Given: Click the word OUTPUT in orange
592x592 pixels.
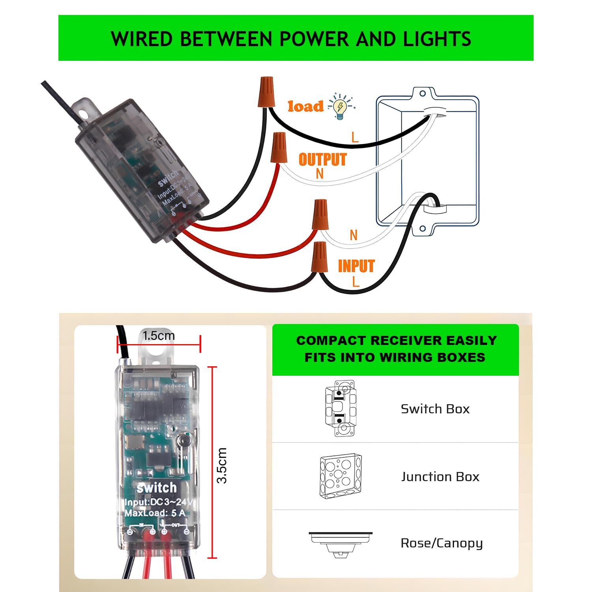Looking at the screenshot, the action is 322,159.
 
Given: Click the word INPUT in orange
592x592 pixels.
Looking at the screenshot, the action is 356,266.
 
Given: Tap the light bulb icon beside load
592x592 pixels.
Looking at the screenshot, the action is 340,106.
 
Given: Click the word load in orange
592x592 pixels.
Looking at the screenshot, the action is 305,106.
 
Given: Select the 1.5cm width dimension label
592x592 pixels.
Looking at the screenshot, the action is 159,336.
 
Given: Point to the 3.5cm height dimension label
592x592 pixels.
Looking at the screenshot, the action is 222,465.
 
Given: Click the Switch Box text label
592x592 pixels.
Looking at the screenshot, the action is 435,409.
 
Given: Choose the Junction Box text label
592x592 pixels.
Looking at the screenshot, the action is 440,477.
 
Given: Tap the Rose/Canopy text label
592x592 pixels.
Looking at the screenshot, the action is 442,543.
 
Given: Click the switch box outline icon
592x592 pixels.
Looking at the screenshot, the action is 340,408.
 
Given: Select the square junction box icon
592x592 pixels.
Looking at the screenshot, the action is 341,476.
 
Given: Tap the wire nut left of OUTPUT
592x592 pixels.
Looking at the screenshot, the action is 278,147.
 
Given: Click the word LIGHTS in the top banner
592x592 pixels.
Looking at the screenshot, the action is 437,39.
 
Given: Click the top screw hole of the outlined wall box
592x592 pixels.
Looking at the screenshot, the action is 422,94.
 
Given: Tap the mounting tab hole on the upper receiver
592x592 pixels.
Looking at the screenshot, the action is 83,114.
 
